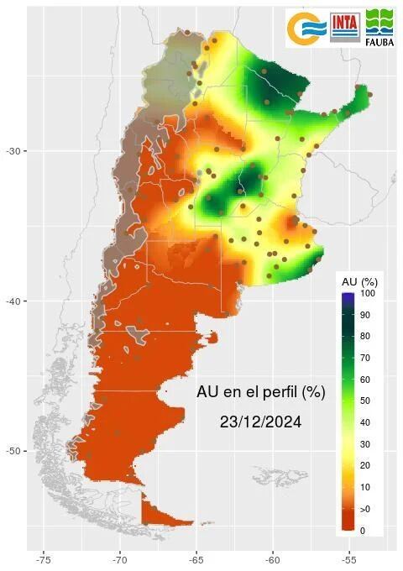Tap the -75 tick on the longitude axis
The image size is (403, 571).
tap(44, 558)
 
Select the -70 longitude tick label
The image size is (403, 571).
tap(120, 558)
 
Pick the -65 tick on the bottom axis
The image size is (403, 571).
tap(196, 558)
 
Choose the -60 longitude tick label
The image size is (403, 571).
tap(273, 558)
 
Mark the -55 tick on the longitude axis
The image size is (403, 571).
tap(349, 558)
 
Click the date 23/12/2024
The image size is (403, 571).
tap(260, 422)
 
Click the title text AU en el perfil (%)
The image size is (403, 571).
tap(260, 392)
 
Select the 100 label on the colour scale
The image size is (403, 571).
tap(368, 294)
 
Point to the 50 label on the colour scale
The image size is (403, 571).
tap(366, 401)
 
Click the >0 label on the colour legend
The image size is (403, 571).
tap(366, 510)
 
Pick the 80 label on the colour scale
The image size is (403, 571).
tap(366, 337)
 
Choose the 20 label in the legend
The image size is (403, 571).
tap(366, 466)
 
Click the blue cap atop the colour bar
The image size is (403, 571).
tap(348, 296)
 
